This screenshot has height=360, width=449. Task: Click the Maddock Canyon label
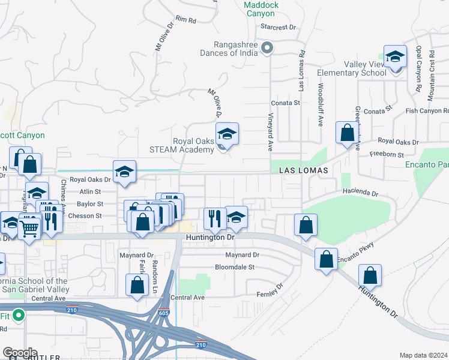[262, 9]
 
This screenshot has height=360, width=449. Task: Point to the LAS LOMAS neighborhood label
[304, 170]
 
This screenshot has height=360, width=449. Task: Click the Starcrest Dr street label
[279, 27]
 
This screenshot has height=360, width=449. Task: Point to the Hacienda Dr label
[360, 193]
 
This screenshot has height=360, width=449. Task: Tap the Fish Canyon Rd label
[427, 110]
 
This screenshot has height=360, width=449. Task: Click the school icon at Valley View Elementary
[395, 58]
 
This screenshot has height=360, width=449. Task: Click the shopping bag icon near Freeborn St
[347, 133]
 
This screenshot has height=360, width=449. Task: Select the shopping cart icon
[29, 226]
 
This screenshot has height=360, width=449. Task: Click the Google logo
[20, 353]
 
